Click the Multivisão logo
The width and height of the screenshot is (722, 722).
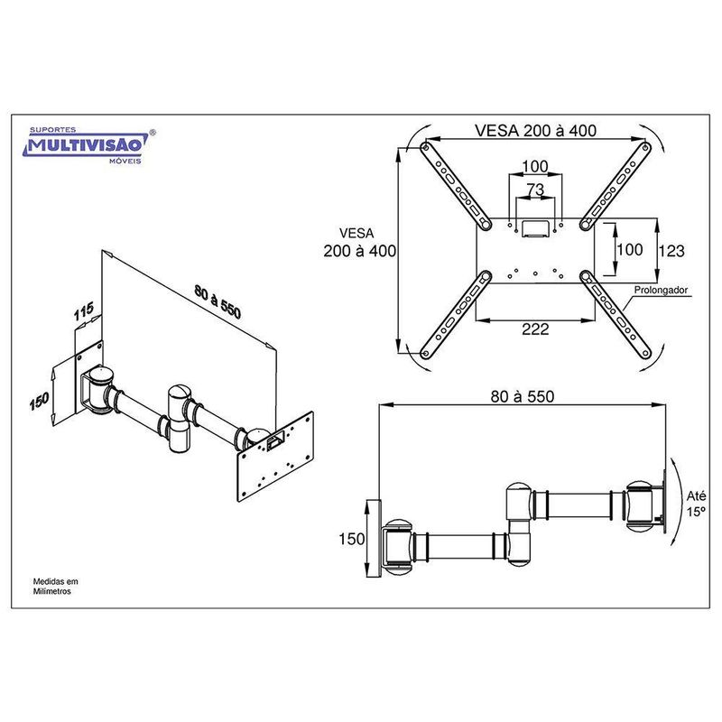click(89, 145)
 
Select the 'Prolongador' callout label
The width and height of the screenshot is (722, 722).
click(661, 290)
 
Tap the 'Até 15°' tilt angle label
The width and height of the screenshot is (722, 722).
click(696, 504)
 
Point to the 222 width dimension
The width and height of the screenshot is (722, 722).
click(535, 329)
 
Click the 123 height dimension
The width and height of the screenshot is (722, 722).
click(671, 251)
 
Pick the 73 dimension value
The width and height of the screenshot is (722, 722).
click(535, 190)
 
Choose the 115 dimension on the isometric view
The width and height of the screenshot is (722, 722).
click(84, 311)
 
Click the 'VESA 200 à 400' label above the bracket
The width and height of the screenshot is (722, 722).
click(535, 131)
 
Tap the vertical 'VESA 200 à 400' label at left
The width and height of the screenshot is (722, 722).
click(359, 242)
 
